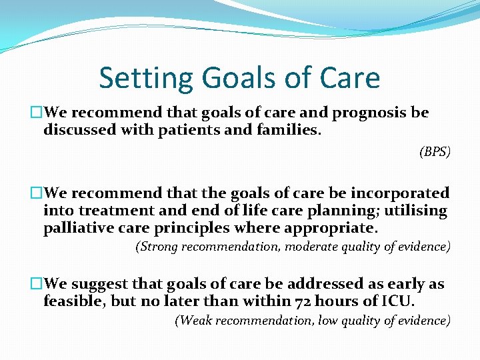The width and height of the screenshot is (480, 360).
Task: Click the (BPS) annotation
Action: tap(435, 152)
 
